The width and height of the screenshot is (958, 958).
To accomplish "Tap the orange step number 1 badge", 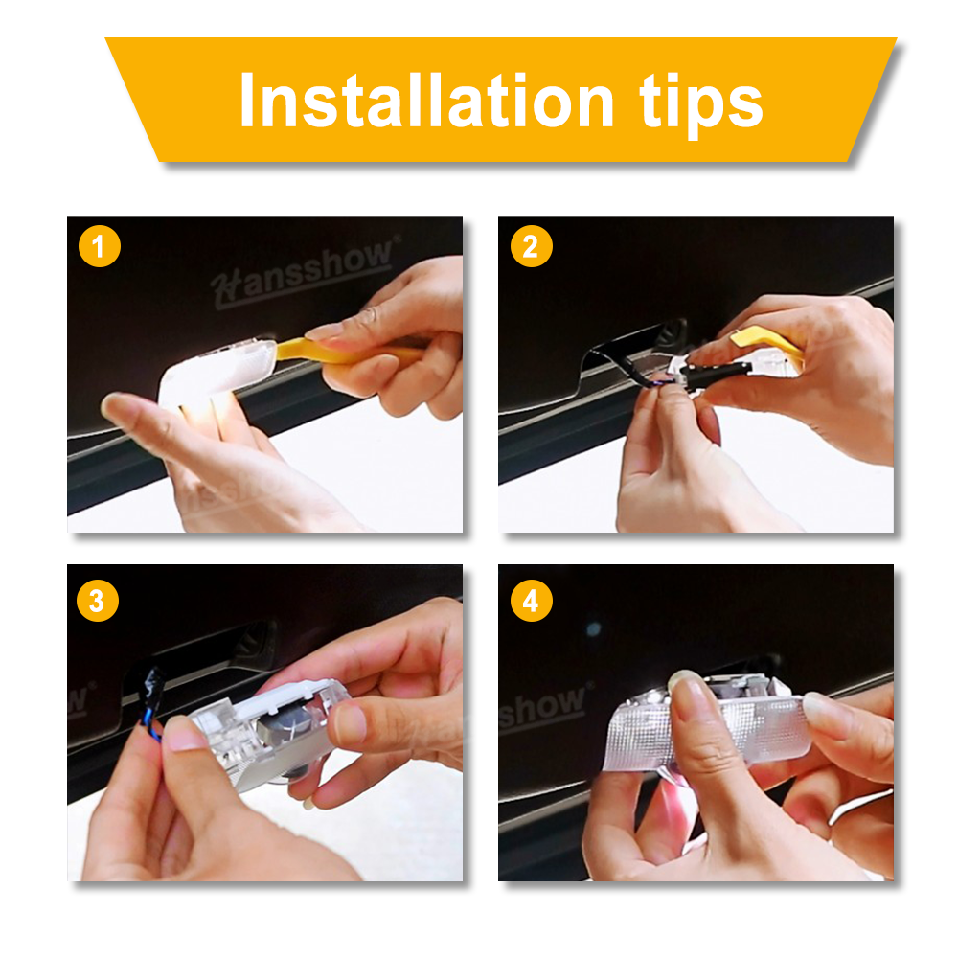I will click(x=99, y=248).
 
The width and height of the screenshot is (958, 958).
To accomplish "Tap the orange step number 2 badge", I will click(x=530, y=248).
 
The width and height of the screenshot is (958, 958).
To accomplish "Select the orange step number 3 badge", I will click(x=99, y=601).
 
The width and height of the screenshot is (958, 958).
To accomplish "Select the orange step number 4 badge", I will click(x=530, y=601).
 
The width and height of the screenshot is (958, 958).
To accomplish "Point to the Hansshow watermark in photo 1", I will click(x=303, y=269).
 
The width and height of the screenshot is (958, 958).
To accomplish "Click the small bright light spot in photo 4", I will click(x=594, y=628).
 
